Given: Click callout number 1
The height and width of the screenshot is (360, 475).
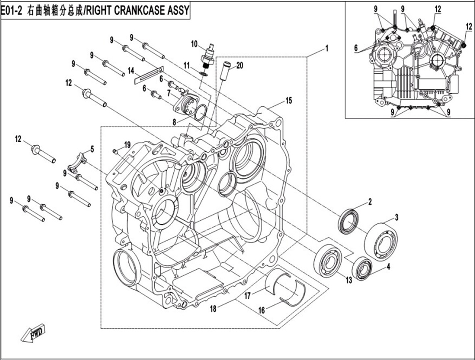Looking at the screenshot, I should [327, 48].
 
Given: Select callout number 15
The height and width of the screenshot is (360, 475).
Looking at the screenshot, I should [288, 101].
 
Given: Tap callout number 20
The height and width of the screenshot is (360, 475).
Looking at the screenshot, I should [240, 66].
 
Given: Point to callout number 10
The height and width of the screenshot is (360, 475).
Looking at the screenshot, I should [194, 43].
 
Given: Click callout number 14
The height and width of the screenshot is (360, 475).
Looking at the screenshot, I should [131, 70].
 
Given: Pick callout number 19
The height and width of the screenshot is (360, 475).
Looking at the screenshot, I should [127, 144].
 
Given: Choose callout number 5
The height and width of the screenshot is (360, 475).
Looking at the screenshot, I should [92, 149].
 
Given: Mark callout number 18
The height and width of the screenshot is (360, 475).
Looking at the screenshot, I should [213, 309].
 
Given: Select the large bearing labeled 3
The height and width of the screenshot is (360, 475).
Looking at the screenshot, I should [381, 241].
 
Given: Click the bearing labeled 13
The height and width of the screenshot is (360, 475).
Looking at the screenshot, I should [328, 259].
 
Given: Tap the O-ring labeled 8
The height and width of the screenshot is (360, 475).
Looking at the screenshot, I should [201, 112].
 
